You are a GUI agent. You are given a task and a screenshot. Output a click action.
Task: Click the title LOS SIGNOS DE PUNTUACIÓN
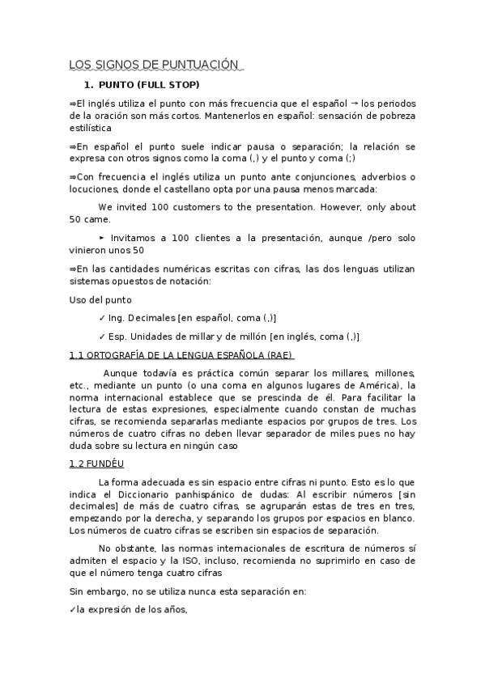[x=155, y=65]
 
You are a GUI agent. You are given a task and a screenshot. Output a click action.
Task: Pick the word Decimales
[x=155, y=318]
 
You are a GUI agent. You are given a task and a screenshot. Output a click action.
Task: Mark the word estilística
[x=91, y=127]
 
